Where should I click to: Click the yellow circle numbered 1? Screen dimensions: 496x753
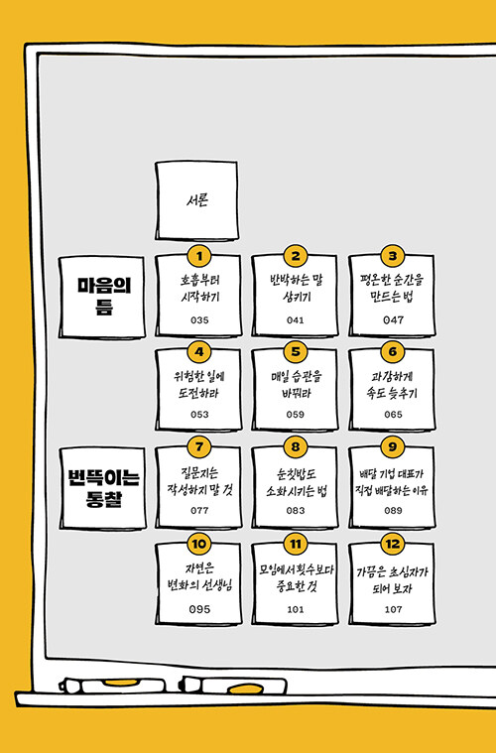[x=199, y=256]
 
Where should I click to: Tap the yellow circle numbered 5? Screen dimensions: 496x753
[x=296, y=351]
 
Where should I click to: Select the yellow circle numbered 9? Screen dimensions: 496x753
[x=393, y=446]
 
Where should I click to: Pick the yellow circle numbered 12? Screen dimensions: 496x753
[x=393, y=544]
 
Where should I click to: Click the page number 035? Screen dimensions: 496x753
[x=199, y=319]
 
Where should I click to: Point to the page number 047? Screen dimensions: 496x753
[x=393, y=319]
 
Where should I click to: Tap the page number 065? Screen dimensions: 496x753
[x=393, y=415]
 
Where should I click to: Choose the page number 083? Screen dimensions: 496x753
[x=296, y=511]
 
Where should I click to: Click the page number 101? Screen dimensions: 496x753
[x=296, y=609]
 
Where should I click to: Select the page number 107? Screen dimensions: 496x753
[x=393, y=609]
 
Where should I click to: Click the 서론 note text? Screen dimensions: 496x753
[x=197, y=199]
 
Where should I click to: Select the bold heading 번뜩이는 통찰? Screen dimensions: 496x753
[x=103, y=488]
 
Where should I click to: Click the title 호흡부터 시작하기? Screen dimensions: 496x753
[x=199, y=288]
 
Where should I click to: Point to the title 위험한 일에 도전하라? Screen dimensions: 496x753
[x=198, y=385]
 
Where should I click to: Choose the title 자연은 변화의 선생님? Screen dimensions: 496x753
[x=199, y=576]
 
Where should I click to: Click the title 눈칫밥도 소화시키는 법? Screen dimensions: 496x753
[x=297, y=482]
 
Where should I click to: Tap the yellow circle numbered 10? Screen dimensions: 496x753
[x=198, y=544]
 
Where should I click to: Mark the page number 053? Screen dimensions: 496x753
[x=199, y=415]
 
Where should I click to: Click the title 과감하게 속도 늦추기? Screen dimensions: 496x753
[x=392, y=385]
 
